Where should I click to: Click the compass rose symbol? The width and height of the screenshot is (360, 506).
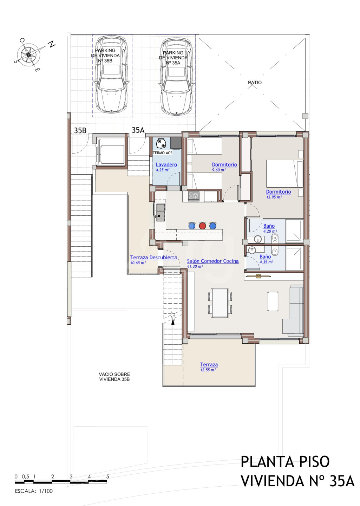(x=28, y=55)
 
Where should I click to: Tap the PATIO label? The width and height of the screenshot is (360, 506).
(x=255, y=83)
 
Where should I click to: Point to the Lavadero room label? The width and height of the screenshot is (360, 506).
(x=166, y=165)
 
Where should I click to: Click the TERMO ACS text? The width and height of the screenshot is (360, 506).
(x=162, y=153)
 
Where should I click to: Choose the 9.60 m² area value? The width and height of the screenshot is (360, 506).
(x=219, y=170)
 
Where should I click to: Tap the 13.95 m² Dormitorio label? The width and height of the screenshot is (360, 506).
(x=279, y=192)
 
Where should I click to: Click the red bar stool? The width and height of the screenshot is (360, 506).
(x=202, y=226)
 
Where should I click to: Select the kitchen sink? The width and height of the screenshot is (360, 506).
(x=161, y=212)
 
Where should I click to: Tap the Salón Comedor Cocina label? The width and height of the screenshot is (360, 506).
(x=213, y=261)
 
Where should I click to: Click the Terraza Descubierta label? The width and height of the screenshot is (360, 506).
(x=153, y=258)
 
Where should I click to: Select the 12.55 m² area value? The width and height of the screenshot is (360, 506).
(x=208, y=370)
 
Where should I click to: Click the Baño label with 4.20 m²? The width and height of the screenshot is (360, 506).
(x=269, y=226)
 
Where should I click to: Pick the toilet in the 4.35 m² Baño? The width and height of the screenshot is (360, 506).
(x=275, y=251)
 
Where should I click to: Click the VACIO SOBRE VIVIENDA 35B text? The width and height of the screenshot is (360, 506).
(x=114, y=377)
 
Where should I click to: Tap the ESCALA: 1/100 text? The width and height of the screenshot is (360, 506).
(x=34, y=491)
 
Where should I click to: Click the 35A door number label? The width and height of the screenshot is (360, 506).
(x=138, y=130)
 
